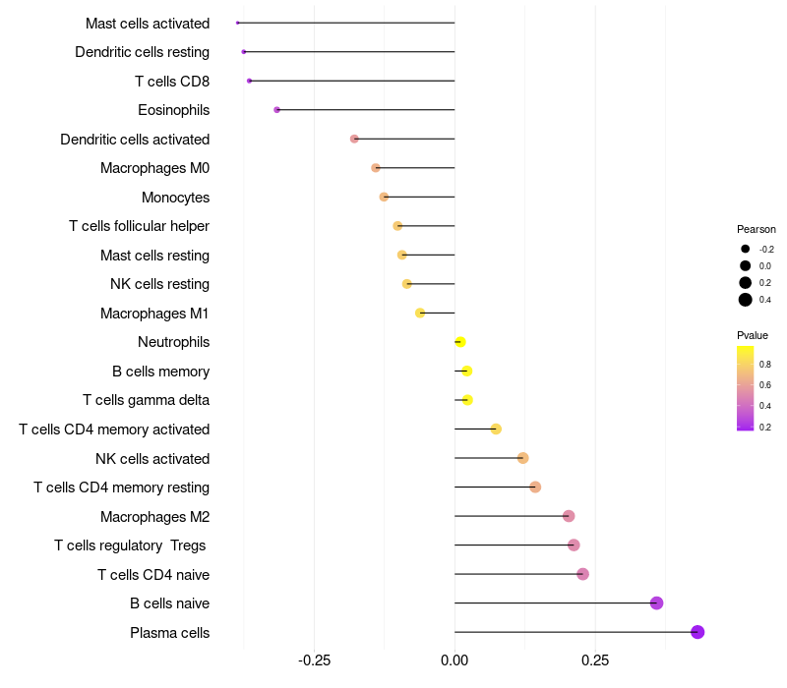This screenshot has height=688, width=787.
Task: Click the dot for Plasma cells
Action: click(697, 632)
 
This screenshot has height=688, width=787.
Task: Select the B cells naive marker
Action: click(657, 603)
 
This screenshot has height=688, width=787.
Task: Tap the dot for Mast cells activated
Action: click(238, 23)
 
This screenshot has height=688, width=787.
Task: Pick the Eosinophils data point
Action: click(277, 110)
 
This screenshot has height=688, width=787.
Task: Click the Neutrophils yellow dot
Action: click(460, 342)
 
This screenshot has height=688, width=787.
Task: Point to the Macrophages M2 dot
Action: click(569, 516)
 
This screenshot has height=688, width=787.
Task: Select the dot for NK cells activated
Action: click(523, 458)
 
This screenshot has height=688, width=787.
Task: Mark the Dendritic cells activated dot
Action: click(354, 139)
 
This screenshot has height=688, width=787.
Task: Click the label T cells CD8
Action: click(172, 81)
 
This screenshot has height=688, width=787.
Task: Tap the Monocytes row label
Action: click(175, 197)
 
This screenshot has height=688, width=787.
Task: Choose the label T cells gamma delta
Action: click(146, 400)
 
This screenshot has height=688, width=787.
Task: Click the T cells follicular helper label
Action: click(139, 226)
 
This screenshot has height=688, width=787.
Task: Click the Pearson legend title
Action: click(757, 229)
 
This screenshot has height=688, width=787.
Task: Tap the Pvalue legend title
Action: click(753, 335)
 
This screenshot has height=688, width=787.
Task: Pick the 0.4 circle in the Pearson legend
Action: click(746, 300)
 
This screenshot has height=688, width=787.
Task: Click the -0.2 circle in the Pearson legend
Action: click(746, 250)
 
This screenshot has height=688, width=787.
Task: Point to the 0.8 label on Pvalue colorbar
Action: click(765, 364)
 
